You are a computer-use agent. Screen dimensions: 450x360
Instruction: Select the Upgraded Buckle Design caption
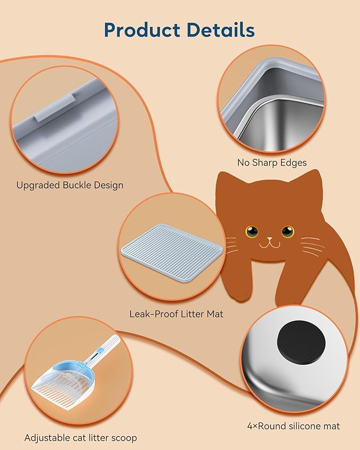click(x=69, y=185)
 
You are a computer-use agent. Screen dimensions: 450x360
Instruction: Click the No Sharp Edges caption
click(x=272, y=163)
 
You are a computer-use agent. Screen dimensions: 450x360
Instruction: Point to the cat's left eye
click(x=252, y=232)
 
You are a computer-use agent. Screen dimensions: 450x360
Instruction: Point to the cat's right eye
click(x=287, y=232)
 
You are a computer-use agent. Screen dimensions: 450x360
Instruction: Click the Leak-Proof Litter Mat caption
click(x=176, y=314)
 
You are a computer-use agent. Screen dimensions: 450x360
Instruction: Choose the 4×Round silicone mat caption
click(x=293, y=426)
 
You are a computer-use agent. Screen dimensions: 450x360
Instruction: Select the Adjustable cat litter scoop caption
click(x=81, y=438)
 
